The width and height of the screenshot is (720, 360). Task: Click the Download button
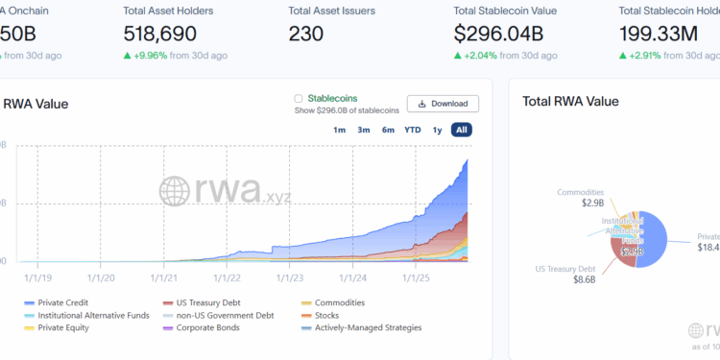click(443, 104)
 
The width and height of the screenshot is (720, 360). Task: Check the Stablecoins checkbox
click(299, 98)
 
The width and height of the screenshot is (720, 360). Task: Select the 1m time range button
click(339, 130)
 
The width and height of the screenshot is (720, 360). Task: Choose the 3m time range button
click(364, 130)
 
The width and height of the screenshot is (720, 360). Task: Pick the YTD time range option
click(413, 130)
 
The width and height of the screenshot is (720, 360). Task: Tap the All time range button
click(462, 130)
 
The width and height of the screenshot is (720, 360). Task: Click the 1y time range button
click(438, 130)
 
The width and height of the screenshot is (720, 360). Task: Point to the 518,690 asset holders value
click(160, 34)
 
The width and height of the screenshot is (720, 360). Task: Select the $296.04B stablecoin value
click(499, 34)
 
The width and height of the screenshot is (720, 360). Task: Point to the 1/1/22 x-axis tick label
click(228, 278)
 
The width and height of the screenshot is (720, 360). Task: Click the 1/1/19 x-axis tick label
click(38, 278)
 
